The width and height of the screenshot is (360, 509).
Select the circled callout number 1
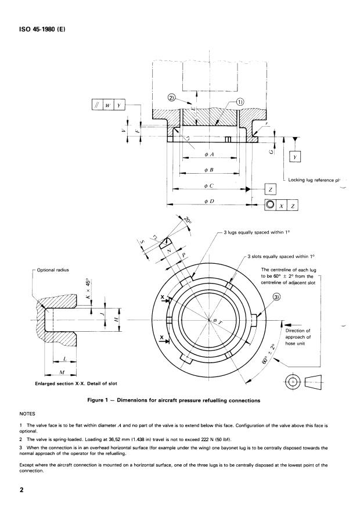(x=239, y=102)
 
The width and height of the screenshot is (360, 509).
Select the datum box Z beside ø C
(x=271, y=189)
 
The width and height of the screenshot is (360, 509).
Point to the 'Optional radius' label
(x=53, y=270)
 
